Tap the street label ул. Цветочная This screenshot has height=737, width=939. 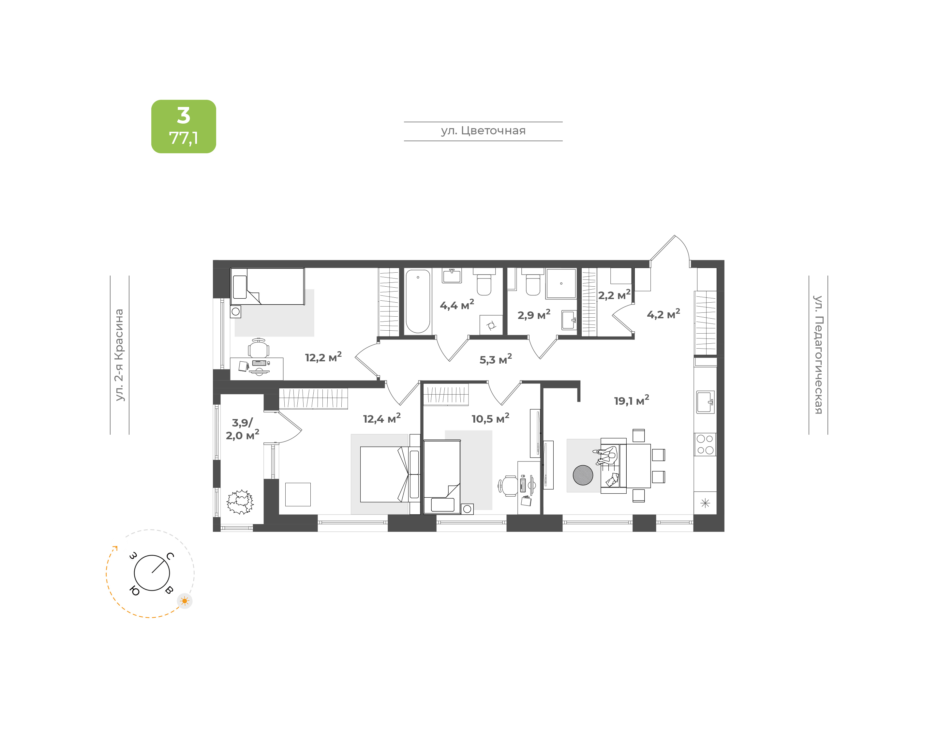tap(483, 131)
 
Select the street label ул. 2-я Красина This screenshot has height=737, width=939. tap(119, 355)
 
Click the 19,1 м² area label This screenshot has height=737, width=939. tap(632, 400)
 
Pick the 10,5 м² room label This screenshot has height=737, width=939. tap(490, 418)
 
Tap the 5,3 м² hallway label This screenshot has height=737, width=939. tap(496, 359)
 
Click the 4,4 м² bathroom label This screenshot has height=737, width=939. tap(457, 305)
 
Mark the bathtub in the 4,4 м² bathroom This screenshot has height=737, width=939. tap(418, 301)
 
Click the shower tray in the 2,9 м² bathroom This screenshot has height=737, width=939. tap(561, 283)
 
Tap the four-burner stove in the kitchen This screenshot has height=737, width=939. tap(705, 444)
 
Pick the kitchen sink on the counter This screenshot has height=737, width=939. tap(705, 402)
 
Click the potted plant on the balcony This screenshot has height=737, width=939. tap(240, 502)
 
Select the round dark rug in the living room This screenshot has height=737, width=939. tap(583, 475)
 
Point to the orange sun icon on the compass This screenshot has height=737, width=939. tap(185, 601)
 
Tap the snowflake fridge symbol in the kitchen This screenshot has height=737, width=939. tap(705, 503)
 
